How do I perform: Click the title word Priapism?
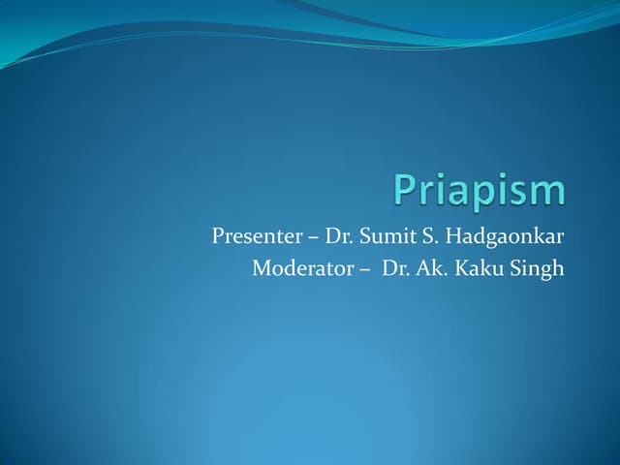click(x=479, y=192)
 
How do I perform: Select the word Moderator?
click(x=296, y=268)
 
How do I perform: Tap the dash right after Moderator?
click(x=362, y=269)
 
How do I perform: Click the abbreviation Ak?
click(x=430, y=268)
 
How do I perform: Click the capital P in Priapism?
click(x=405, y=190)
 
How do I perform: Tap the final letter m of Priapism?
click(x=546, y=193)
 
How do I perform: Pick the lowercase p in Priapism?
click(x=484, y=197)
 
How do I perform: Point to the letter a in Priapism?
click(x=460, y=193)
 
